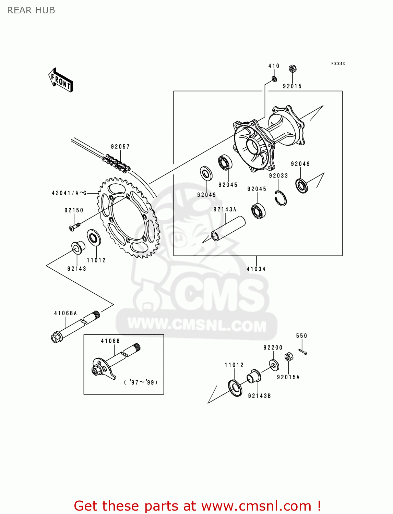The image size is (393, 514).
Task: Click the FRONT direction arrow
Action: (61, 80)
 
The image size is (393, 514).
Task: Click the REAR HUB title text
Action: (31, 11)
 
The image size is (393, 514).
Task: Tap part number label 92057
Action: (120, 147)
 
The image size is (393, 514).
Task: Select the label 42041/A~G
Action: (69, 193)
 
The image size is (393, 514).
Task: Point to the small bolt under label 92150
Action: (74, 227)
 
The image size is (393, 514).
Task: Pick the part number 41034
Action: (256, 269)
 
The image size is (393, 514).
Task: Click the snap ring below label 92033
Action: (281, 198)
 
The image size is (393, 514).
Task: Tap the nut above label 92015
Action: (292, 69)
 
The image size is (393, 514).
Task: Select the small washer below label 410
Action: (274, 79)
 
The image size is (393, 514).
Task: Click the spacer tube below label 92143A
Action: (228, 229)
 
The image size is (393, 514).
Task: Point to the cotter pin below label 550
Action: (302, 352)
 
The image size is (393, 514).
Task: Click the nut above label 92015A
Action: (289, 357)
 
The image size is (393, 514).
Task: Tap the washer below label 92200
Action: (274, 365)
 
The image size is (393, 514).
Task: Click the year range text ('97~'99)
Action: (141, 382)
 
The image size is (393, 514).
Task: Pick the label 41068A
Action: (65, 313)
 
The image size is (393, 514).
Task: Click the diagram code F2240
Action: (338, 63)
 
